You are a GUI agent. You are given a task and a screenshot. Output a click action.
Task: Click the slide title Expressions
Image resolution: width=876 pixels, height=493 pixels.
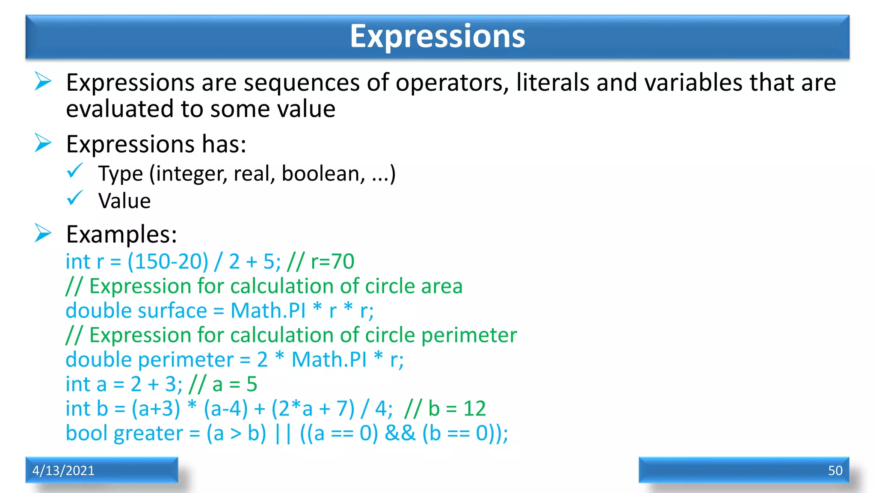point(437,36)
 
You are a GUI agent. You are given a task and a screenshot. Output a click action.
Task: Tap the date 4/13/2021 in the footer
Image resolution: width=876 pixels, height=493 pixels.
point(63,470)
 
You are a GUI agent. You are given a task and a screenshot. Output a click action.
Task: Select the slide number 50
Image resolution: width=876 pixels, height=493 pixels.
point(835,470)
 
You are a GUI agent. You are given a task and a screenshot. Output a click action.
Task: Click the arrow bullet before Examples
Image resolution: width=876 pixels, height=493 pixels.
point(43,233)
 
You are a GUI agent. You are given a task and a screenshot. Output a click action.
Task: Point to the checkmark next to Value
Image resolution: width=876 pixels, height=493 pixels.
point(74,198)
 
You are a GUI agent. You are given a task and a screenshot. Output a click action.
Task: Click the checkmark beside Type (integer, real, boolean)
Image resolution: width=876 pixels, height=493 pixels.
point(74,171)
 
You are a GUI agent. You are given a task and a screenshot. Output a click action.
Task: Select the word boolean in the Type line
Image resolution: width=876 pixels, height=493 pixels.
point(323,174)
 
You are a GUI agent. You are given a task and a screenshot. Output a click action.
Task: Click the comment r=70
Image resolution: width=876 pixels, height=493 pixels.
point(332,261)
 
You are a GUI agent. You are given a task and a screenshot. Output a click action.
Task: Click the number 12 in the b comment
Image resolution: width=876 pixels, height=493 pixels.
point(474,409)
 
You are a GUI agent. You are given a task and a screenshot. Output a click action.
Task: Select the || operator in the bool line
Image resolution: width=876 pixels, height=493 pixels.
point(283,434)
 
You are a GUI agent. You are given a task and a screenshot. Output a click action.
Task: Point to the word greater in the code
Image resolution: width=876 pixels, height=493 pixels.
point(148,434)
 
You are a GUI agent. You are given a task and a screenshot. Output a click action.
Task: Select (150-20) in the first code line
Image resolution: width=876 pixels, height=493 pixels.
point(168,261)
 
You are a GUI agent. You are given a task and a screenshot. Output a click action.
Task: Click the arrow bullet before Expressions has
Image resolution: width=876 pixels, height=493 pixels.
point(43,143)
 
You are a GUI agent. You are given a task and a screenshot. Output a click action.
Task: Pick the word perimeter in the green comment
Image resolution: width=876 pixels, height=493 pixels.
point(469,336)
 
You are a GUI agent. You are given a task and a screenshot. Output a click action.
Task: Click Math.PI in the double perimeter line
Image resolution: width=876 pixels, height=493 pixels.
point(329,360)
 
